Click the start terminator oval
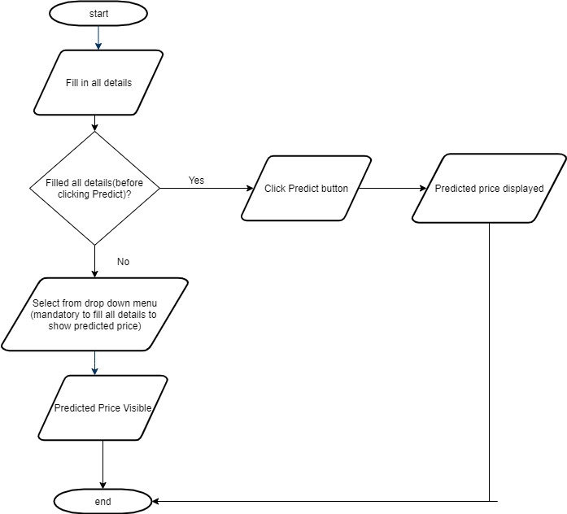pos(98,13)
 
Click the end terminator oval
pos(102,501)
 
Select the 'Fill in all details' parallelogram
pos(98,83)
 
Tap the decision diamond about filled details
pos(94,188)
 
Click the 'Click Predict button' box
pos(307,189)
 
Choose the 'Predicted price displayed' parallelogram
pos(489,189)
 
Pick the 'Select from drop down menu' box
pos(94,314)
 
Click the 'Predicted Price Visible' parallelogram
pos(102,407)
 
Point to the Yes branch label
pos(196,180)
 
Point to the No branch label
pos(124,262)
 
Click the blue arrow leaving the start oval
pos(98,38)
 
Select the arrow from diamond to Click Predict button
pos(207,188)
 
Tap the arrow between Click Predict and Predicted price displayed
pos(392,188)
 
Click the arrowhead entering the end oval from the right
pos(155,501)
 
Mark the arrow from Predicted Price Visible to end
pos(102,465)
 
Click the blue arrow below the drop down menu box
pos(94,363)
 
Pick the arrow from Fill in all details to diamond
pos(94,123)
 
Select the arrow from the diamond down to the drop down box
pos(94,261)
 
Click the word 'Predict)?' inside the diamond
pos(111,194)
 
